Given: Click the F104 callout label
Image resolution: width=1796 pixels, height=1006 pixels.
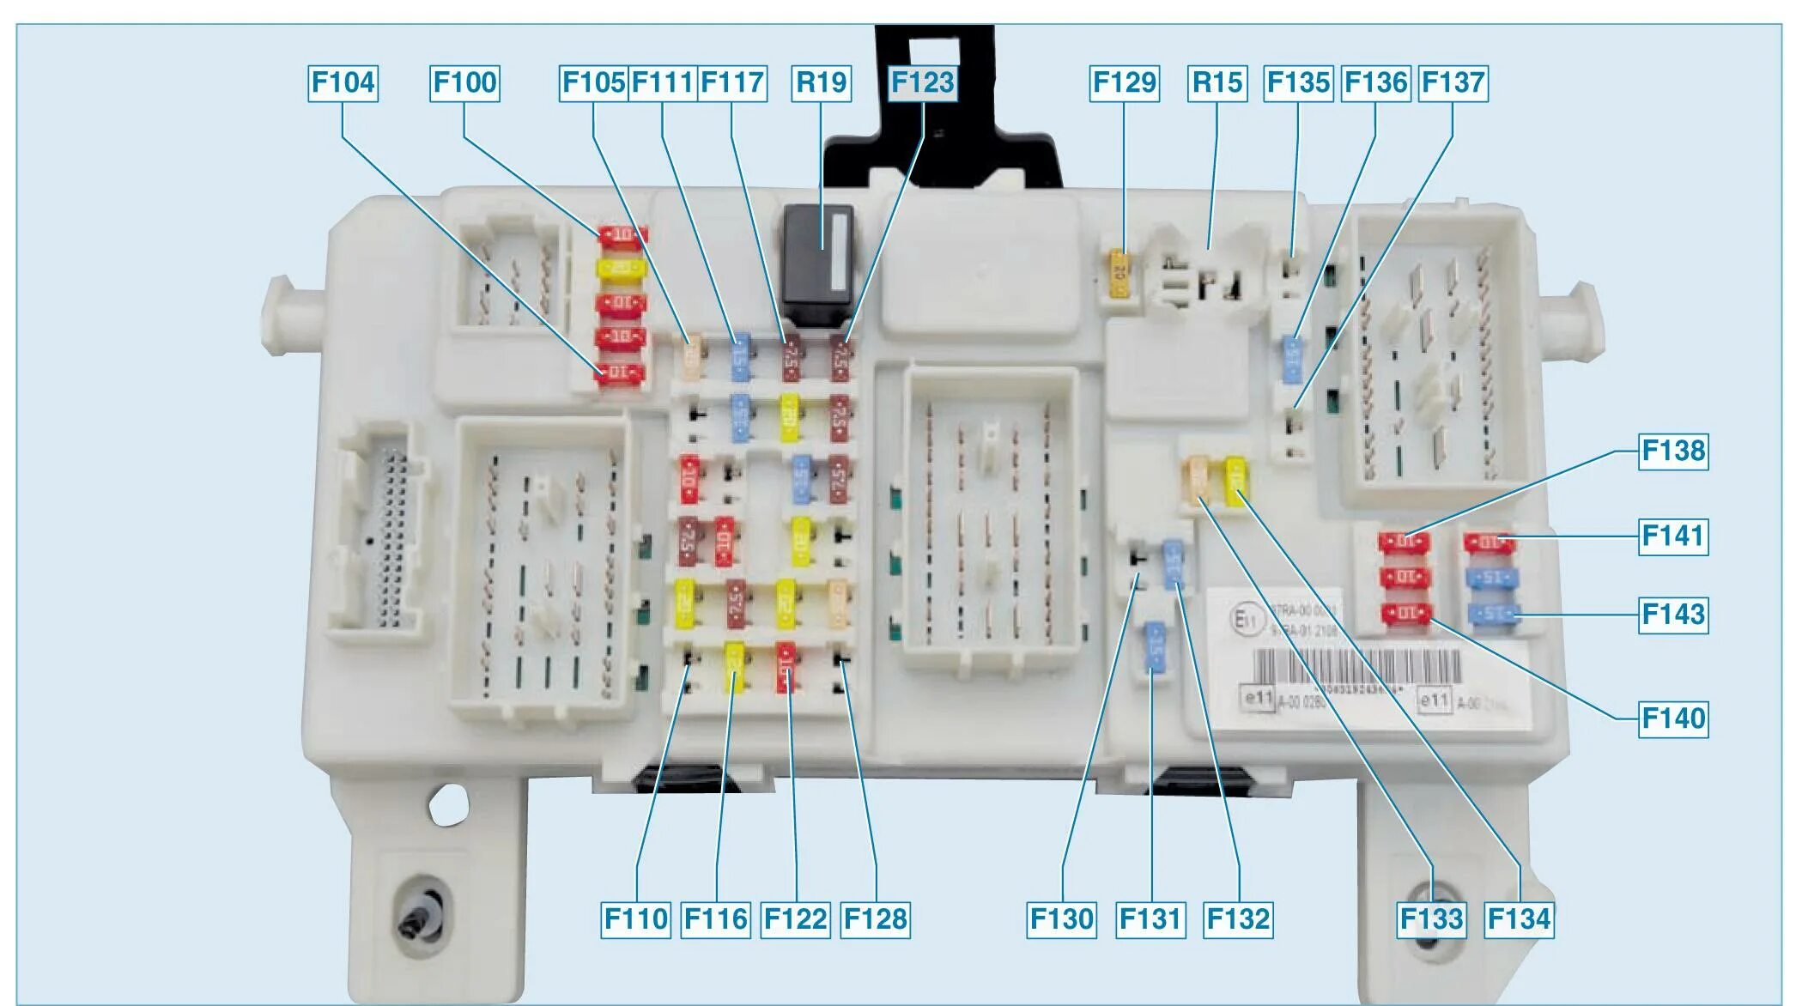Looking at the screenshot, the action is (x=343, y=83).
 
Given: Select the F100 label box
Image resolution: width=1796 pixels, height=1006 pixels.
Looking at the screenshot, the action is (x=464, y=83).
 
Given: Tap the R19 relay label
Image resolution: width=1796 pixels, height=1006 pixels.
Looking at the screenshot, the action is (x=822, y=83).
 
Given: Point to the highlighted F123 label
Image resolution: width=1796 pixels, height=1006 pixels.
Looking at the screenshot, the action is (x=922, y=83).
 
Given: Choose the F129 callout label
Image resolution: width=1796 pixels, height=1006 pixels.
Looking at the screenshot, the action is (x=1124, y=83).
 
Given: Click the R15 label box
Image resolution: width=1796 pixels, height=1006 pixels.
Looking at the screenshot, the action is (x=1217, y=83).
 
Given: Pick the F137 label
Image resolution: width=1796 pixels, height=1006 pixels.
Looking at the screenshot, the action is (x=1453, y=83).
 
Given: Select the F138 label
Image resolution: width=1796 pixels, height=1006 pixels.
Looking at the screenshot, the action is (x=1673, y=451).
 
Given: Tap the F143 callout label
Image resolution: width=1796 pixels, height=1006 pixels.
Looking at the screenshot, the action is (x=1673, y=615).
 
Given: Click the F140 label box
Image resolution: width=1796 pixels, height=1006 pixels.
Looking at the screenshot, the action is (x=1673, y=718).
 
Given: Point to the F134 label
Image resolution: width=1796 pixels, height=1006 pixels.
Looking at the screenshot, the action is (x=1519, y=919).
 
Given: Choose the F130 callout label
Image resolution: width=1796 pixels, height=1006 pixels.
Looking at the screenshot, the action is (x=1062, y=919).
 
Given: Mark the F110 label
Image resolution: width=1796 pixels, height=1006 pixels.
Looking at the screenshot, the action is (x=636, y=919).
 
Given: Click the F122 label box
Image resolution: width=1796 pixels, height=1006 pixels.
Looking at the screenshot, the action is (x=796, y=919).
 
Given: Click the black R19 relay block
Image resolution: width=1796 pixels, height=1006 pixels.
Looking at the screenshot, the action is (x=817, y=264).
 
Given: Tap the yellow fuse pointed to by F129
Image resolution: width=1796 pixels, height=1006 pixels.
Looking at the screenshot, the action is (x=1119, y=274).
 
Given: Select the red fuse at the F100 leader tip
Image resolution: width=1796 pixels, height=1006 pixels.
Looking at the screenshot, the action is (x=622, y=235).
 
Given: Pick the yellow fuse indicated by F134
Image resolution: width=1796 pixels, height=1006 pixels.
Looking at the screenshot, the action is (x=1236, y=481).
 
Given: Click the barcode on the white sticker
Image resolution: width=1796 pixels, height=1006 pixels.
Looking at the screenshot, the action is (x=1356, y=668).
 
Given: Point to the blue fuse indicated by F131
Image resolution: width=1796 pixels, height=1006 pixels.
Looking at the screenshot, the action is (x=1156, y=646).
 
